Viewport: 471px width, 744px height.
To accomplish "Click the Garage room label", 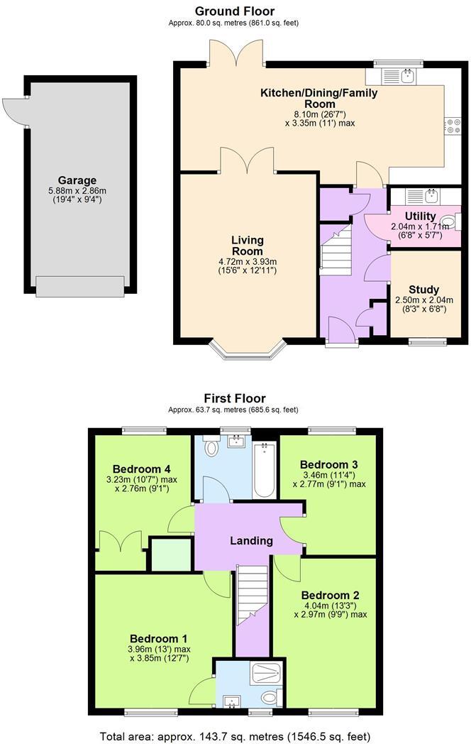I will [77, 180].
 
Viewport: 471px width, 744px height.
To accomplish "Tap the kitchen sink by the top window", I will [407, 75].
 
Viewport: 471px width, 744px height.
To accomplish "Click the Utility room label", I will [420, 216].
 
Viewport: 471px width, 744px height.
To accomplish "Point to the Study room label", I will [423, 289].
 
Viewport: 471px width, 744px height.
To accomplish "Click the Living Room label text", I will [247, 246].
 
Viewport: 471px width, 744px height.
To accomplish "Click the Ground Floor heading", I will [234, 11].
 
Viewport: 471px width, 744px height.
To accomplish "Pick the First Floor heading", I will [234, 398].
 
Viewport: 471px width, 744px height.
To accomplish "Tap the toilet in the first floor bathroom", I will [211, 448].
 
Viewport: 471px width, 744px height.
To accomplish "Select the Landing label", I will [251, 540].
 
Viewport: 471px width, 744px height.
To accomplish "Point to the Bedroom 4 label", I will [141, 469].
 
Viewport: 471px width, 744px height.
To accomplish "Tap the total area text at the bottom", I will [234, 736].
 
